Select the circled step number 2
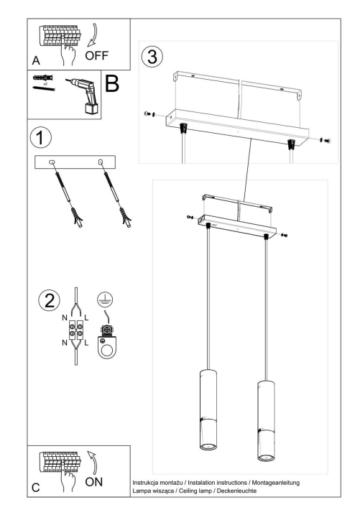(48, 300)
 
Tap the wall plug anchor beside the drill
(42, 77)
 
